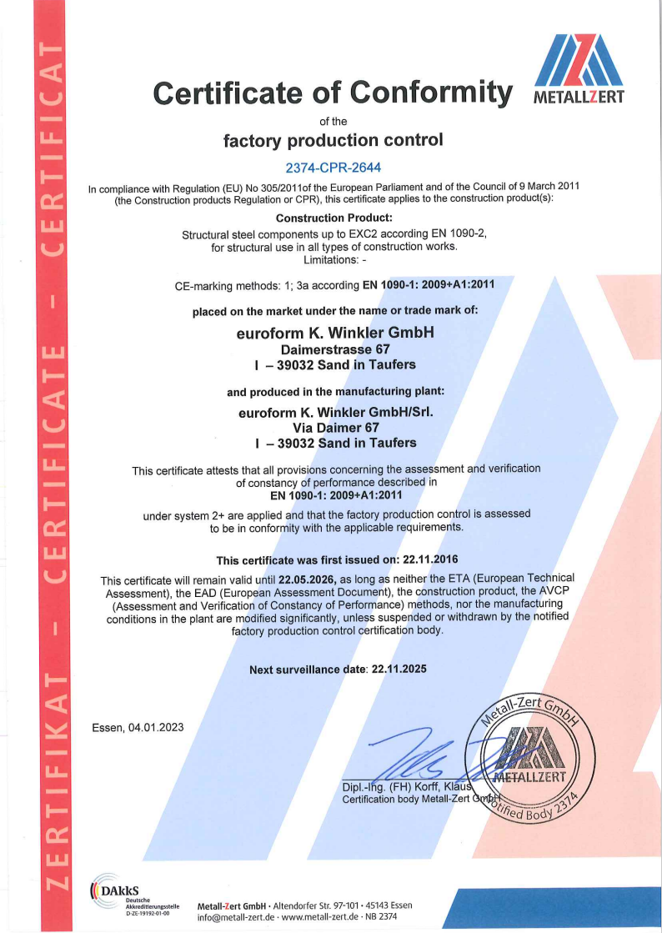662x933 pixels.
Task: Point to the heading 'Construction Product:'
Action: coord(333,218)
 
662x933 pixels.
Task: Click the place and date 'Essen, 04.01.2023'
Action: coord(138,727)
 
